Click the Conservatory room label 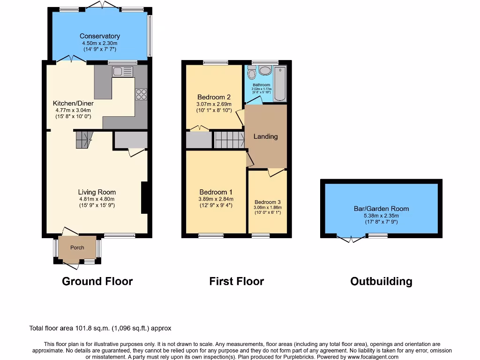point(99,36)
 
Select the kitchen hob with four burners point(141,94)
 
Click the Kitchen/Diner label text point(73,103)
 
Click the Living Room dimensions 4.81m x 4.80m point(97,199)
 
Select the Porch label point(77,247)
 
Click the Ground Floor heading point(97,281)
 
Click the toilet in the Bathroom point(251,73)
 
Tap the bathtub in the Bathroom point(279,83)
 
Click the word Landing point(265,136)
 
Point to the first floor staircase point(230,140)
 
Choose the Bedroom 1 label point(216,192)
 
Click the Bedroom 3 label point(267,202)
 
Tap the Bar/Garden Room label point(381,209)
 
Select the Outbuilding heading point(381,281)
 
